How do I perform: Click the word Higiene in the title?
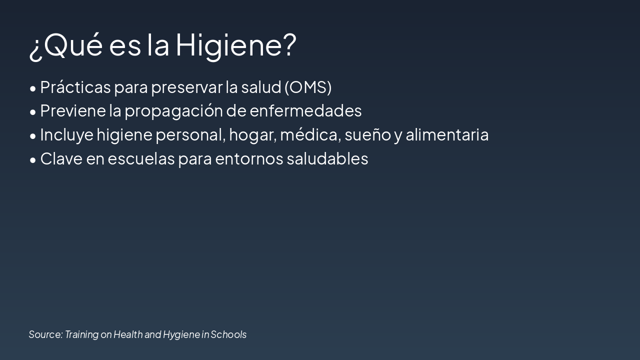235,45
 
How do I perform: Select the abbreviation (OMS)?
308,87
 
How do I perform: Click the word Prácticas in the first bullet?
75,87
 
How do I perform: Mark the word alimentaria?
447,134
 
